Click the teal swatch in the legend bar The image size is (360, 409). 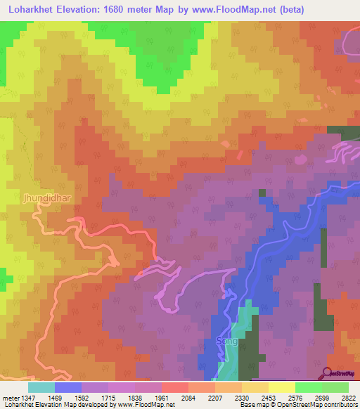[x=41, y=387]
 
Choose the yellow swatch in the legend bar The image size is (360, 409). [x=281, y=387]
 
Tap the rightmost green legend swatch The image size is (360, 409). [x=335, y=387]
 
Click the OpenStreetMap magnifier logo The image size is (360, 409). [x=327, y=373]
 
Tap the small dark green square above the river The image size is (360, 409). [x=262, y=193]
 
